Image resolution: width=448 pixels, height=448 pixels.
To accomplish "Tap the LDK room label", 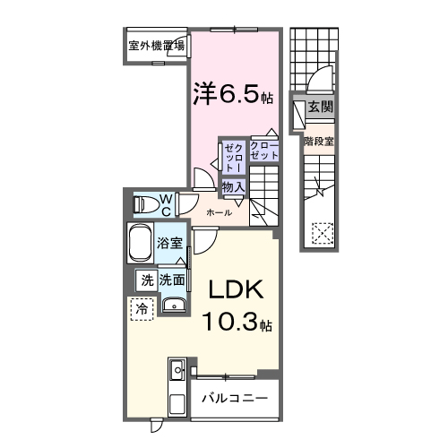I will tap(236, 291).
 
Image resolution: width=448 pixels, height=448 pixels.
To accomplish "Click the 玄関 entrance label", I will tap(320, 107).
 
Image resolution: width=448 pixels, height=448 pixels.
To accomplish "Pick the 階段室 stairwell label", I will tap(318, 141).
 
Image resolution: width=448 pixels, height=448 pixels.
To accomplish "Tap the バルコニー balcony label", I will tap(234, 397).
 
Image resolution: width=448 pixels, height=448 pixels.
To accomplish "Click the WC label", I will tap(166, 204).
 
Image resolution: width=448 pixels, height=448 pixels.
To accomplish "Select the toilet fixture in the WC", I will tap(143, 204).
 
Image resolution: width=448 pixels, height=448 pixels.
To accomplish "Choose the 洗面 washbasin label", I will tap(172, 280).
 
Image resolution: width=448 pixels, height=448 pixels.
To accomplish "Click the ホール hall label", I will tap(220, 212).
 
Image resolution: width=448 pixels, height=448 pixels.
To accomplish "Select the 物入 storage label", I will tap(233, 186).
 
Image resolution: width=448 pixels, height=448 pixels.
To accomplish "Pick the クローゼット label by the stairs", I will tap(264, 150).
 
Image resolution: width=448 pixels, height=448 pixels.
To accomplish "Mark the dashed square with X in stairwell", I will tap(320, 235).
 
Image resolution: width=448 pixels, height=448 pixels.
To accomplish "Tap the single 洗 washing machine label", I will tap(145, 280).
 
